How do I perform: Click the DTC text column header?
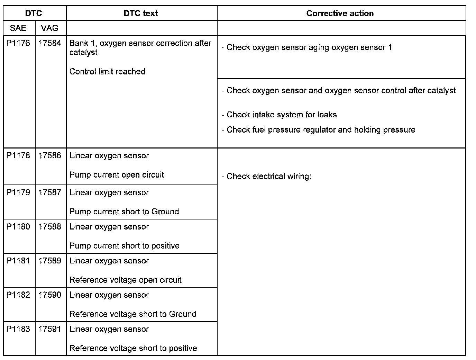click(140, 13)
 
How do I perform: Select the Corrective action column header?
click(340, 13)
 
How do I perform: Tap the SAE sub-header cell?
click(18, 28)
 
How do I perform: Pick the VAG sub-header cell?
click(49, 28)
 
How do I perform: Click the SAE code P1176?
click(18, 43)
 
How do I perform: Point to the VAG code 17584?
click(50, 43)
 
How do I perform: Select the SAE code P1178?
click(18, 155)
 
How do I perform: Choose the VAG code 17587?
click(50, 192)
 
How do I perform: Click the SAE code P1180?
click(18, 227)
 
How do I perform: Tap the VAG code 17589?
click(50, 261)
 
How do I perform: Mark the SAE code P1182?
click(18, 295)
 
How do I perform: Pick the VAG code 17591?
click(50, 329)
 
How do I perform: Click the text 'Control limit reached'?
click(107, 72)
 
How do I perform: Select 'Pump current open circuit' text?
click(117, 175)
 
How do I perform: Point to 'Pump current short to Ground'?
click(124, 211)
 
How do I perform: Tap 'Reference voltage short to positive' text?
click(133, 348)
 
